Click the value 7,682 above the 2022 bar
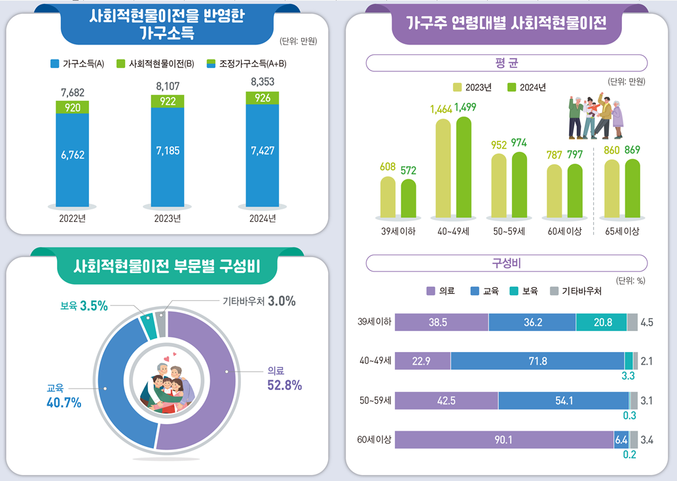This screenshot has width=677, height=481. tap(73, 92)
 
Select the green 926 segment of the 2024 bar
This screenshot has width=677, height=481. tap(263, 98)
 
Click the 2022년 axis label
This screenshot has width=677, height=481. tap(73, 219)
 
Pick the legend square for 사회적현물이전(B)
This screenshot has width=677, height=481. tap(121, 64)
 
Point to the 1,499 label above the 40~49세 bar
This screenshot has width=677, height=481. tap(466, 107)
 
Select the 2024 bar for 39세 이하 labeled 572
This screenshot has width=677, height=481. tap(409, 198)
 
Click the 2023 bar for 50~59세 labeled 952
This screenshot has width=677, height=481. tap(499, 185)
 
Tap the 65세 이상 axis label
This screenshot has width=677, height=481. tap(622, 231)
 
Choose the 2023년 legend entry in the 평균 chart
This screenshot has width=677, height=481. tap(472, 88)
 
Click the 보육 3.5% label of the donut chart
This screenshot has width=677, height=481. tap(84, 306)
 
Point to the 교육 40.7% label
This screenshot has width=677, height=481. tap(64, 396)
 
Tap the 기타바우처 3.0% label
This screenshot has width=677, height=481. tap(259, 301)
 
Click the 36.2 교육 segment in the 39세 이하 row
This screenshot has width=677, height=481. tap(532, 322)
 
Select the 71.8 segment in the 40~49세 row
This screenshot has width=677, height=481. tap(538, 361)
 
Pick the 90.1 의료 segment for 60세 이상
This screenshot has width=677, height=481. tap(504, 440)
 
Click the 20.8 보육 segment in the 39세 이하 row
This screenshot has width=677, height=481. tap(602, 322)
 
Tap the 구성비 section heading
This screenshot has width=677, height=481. tap(507, 263)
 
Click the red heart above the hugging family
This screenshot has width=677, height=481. tap(167, 359)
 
